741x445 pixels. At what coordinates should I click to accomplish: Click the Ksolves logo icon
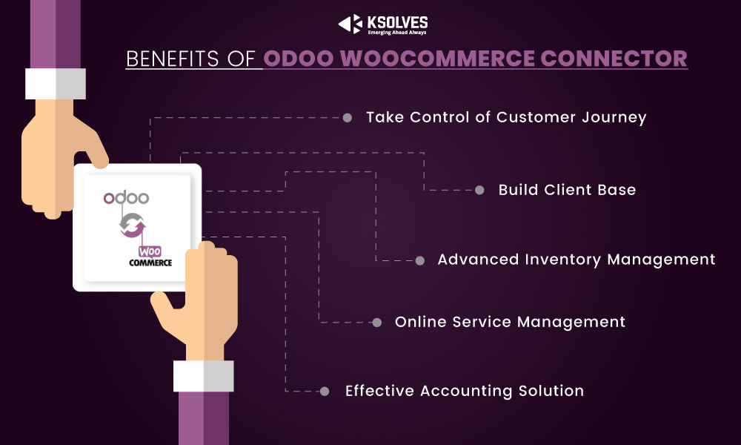click(350, 24)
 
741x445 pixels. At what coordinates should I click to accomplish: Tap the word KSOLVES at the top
click(397, 22)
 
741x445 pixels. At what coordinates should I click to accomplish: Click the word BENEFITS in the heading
click(172, 59)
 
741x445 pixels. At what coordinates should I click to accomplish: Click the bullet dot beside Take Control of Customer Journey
click(348, 118)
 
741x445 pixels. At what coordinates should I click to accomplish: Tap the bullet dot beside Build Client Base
click(479, 190)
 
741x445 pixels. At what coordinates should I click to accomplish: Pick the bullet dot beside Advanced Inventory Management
click(420, 260)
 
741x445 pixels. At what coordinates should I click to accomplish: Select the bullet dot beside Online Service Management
click(377, 323)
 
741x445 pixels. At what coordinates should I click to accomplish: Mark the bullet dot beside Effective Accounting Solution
click(325, 391)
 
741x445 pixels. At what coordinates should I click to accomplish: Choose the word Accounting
click(466, 392)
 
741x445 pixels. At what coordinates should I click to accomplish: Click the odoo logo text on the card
click(126, 197)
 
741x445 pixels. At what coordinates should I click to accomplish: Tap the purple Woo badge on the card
click(150, 251)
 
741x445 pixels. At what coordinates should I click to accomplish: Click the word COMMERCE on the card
click(150, 263)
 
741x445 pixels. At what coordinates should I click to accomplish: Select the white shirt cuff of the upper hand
click(56, 84)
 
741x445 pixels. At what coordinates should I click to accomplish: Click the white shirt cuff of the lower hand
click(204, 376)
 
